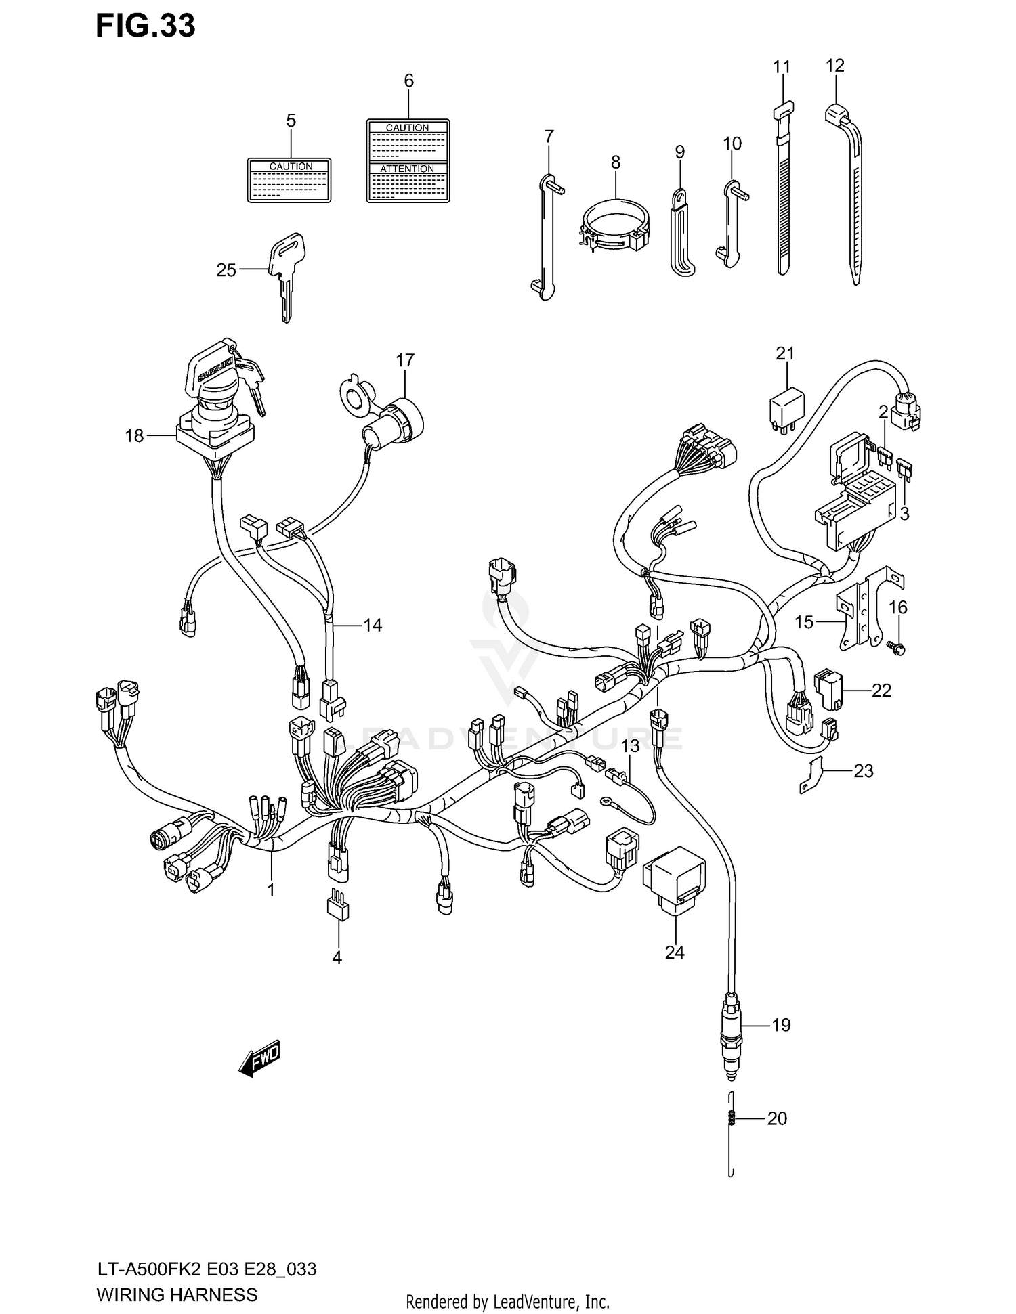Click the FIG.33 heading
(x=145, y=26)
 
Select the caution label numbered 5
(x=289, y=181)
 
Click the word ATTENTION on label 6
(x=407, y=169)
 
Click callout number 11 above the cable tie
(x=782, y=67)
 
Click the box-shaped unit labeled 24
(x=674, y=879)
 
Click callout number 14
(x=373, y=625)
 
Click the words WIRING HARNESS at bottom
(x=177, y=1295)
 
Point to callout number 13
(x=630, y=746)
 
